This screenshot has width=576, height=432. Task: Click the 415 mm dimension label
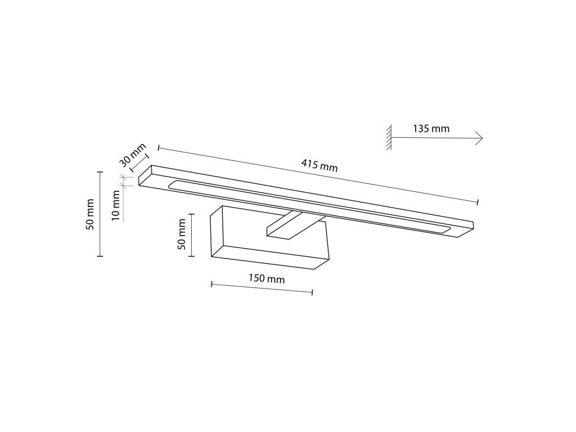(x=319, y=165)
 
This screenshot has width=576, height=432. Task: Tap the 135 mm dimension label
(x=431, y=129)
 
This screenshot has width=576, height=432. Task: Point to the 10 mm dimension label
(x=116, y=205)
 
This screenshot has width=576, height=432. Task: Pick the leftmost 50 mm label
(x=90, y=214)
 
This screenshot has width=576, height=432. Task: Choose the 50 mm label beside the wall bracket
(x=182, y=235)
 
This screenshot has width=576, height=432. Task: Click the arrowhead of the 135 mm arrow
(x=479, y=138)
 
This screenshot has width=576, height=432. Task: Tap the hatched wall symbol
(x=389, y=137)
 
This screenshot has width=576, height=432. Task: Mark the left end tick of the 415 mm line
(x=158, y=148)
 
